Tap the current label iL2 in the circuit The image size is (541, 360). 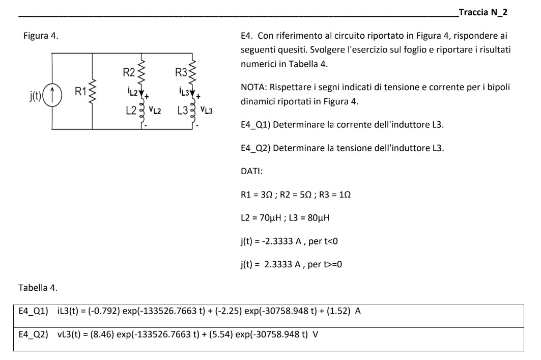click(x=131, y=90)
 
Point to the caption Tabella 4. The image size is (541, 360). click(x=39, y=289)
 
